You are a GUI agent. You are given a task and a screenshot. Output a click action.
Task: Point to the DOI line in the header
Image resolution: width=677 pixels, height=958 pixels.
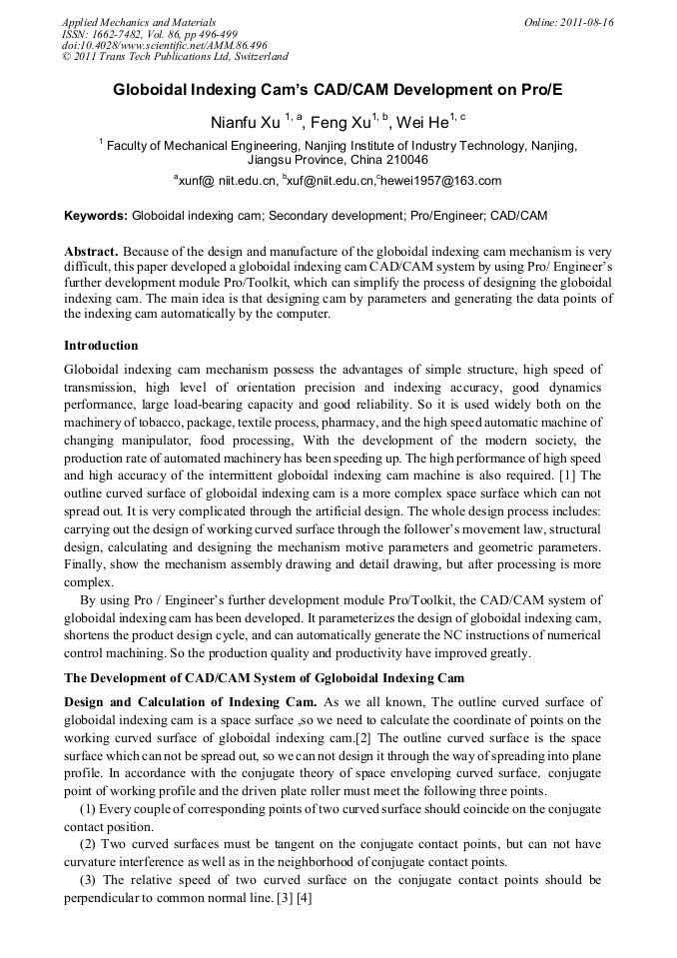pyautogui.click(x=164, y=46)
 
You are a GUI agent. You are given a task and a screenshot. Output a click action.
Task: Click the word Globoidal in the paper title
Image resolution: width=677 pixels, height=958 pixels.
pyautogui.click(x=156, y=89)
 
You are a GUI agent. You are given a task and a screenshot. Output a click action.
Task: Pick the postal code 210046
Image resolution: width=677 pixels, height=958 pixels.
pyautogui.click(x=401, y=160)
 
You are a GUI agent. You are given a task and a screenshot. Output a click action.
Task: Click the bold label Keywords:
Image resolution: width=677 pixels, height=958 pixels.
pyautogui.click(x=96, y=216)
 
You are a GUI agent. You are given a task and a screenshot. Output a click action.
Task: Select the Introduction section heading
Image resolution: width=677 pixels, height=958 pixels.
pyautogui.click(x=101, y=346)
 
